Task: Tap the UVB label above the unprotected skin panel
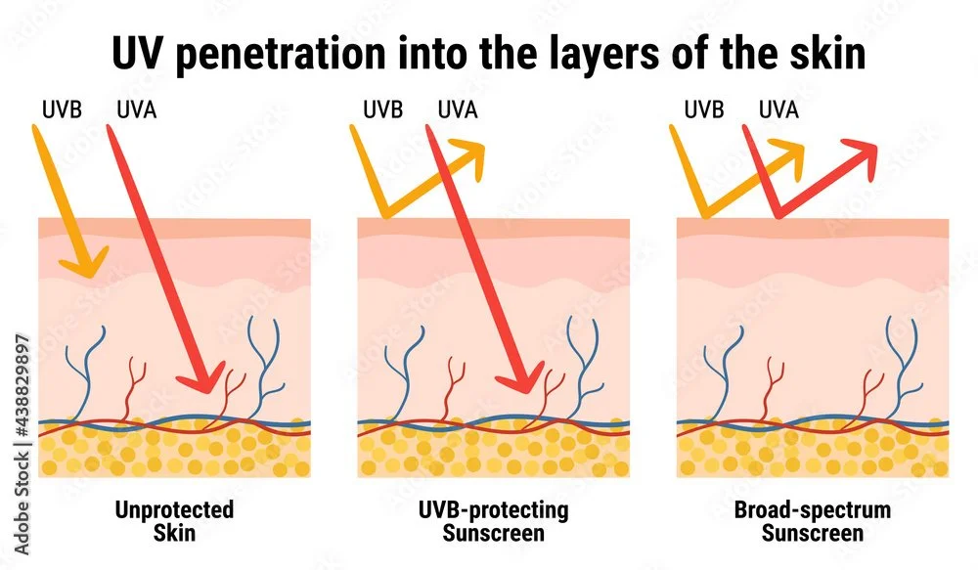tap(57, 109)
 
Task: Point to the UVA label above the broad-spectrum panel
tap(778, 109)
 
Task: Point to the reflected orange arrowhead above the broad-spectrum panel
tap(787, 153)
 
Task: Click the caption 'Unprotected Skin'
tap(174, 521)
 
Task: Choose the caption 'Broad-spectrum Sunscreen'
tap(813, 521)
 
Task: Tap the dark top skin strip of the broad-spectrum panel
tap(813, 227)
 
